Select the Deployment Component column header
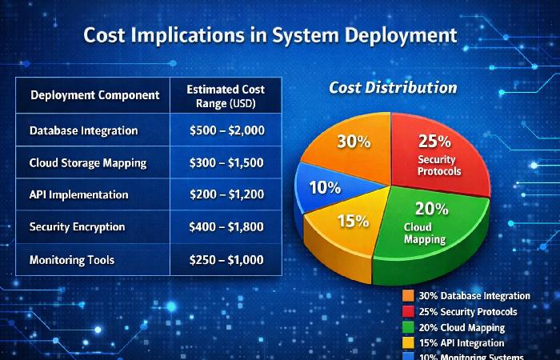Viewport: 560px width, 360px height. pyautogui.click(x=94, y=95)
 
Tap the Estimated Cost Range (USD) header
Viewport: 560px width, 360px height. pyautogui.click(x=226, y=95)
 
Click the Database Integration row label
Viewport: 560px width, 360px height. pyautogui.click(x=83, y=130)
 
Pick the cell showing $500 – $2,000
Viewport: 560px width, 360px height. pyautogui.click(x=227, y=130)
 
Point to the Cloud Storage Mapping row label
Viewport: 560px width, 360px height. pyautogui.click(x=88, y=162)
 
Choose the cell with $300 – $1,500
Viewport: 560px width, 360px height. pyautogui.click(x=227, y=162)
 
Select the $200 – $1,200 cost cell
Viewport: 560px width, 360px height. pyautogui.click(x=227, y=194)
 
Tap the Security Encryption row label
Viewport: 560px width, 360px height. pyautogui.click(x=77, y=227)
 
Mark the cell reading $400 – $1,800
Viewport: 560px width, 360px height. pyautogui.click(x=227, y=227)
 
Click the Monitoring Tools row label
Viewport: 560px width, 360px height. pyautogui.click(x=72, y=260)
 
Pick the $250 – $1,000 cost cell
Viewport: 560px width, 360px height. pyautogui.click(x=227, y=260)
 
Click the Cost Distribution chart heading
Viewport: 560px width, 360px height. pyautogui.click(x=393, y=88)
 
